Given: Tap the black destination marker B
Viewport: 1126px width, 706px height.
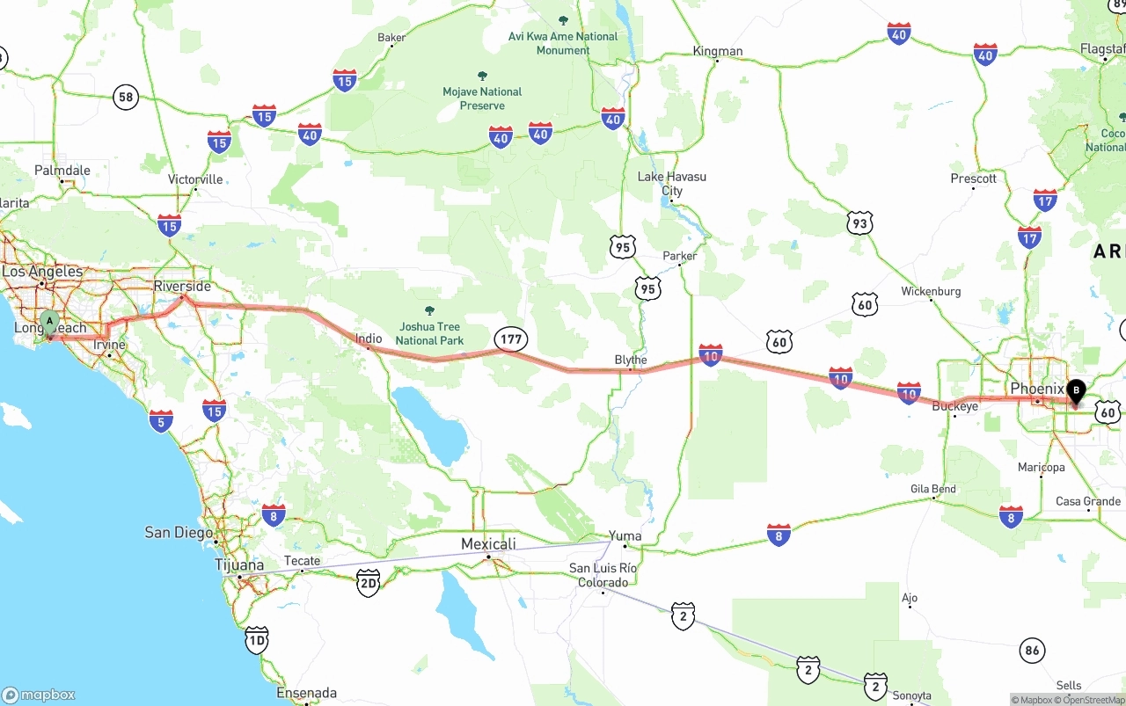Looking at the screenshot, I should click(1075, 391).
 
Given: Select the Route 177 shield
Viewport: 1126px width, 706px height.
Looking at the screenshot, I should click(510, 338).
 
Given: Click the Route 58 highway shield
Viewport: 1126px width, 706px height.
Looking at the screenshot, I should click(126, 97).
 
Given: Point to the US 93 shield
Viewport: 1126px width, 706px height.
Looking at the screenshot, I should click(860, 222).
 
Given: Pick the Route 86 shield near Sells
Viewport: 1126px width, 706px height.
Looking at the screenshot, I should click(1033, 651).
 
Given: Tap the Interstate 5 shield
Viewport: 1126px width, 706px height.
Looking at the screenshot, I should click(161, 420).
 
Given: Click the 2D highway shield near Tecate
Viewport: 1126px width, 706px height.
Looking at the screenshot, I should click(369, 582).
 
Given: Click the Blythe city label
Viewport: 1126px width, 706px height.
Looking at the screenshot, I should click(631, 360).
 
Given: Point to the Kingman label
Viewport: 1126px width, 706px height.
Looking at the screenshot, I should click(718, 51).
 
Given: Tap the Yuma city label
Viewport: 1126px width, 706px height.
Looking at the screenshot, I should click(625, 535).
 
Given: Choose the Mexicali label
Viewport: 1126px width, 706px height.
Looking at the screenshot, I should click(488, 544).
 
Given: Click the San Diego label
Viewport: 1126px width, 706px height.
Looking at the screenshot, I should click(179, 532).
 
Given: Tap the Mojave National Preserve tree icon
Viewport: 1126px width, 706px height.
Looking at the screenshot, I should click(482, 76).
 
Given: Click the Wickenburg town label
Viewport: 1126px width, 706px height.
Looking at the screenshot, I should click(931, 291).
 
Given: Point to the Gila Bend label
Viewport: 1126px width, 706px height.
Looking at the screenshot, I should click(933, 489).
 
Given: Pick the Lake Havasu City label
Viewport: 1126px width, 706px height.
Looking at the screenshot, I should click(672, 183).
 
